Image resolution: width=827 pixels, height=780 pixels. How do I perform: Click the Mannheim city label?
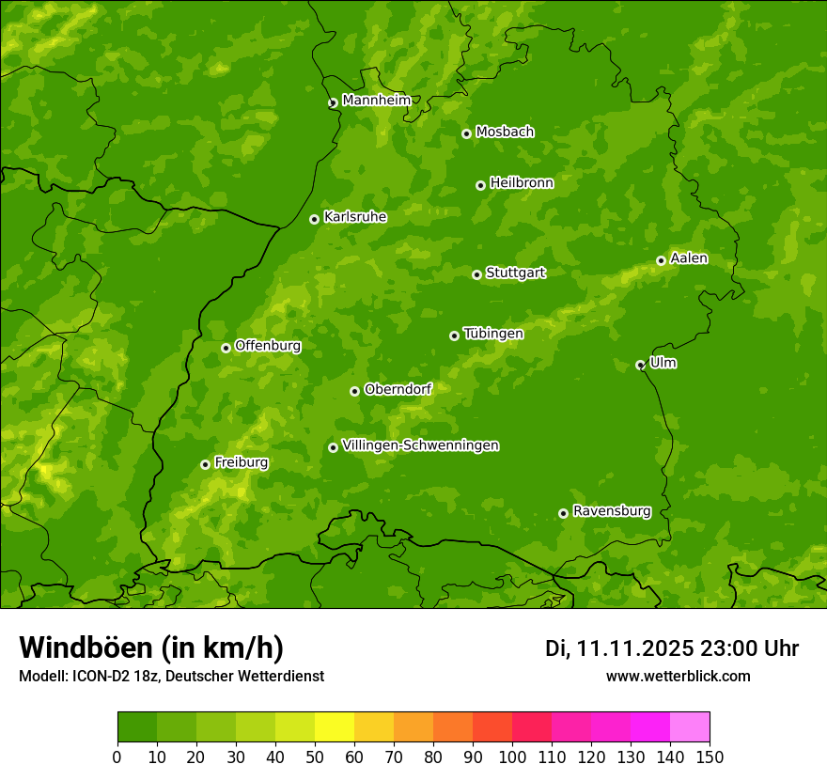376,100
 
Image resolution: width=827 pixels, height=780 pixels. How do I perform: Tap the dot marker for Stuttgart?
476,274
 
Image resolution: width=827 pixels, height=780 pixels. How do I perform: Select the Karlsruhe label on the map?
355,216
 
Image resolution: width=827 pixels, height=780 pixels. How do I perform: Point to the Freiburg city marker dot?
205,464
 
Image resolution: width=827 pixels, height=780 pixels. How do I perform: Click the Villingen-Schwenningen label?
420,445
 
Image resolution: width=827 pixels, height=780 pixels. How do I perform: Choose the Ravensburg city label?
611,510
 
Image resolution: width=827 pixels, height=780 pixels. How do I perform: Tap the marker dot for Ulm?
640,365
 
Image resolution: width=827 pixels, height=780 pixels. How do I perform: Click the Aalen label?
689,257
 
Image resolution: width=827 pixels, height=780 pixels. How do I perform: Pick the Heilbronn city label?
522,182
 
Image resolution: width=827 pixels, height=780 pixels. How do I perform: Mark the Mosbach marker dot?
466,133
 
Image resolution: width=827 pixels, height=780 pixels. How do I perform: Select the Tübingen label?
493,333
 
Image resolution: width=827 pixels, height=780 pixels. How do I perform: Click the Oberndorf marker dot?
354,391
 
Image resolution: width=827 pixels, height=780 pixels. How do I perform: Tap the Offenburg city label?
268,345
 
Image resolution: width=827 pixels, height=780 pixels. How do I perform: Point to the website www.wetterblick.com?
678,676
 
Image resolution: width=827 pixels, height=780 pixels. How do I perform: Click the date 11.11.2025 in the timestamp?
635,648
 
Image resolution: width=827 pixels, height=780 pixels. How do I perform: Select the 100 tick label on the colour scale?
512,757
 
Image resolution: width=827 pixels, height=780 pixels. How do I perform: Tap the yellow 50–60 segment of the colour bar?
335,727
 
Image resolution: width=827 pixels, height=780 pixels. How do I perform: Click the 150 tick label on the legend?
710,757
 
